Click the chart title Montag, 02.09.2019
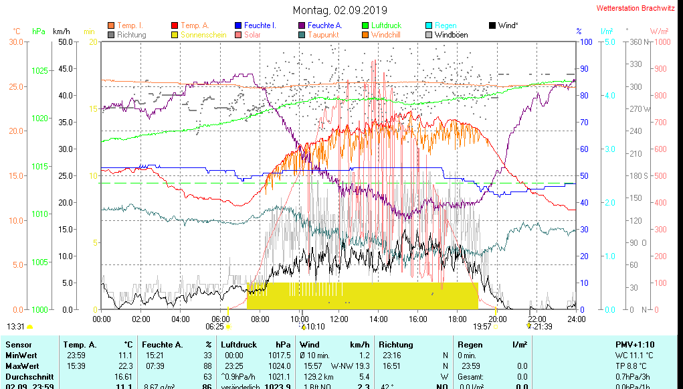point(340,10)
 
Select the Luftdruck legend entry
point(386,25)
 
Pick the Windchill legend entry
point(385,35)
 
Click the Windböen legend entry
point(451,35)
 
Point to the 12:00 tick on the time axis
point(339,319)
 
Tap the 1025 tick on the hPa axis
point(40,70)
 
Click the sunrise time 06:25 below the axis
point(214,327)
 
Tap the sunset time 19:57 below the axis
point(482,327)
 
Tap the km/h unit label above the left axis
point(61,31)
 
